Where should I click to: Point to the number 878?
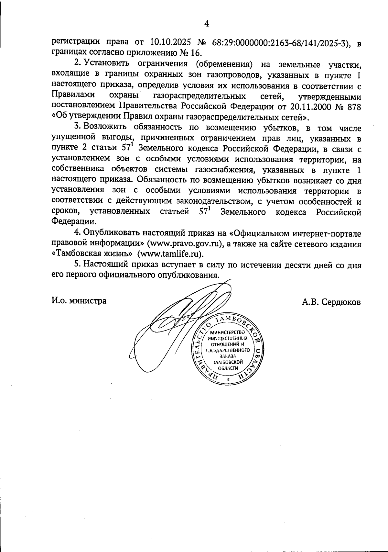click(x=352, y=106)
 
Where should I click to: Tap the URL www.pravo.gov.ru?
click(x=184, y=243)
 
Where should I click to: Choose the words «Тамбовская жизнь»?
click(x=92, y=253)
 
